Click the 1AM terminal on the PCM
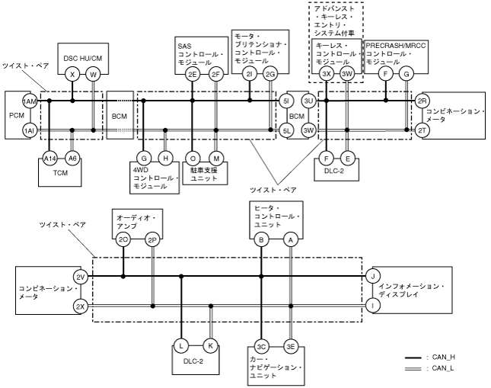30,101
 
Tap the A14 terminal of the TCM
49,158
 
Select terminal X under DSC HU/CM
72,74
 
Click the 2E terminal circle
192,74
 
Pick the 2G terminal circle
270,74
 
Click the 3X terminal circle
327,74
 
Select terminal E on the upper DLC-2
348,159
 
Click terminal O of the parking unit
193,158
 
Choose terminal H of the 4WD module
166,158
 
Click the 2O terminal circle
123,239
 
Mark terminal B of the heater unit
261,239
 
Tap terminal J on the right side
373,276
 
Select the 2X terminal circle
81,306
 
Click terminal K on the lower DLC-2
209,345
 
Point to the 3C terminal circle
261,345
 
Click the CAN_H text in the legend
444,357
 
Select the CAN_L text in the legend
444,369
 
